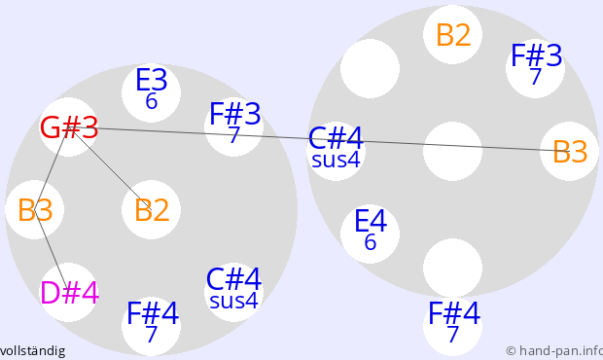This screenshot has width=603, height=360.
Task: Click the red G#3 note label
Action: pyautogui.click(x=69, y=127)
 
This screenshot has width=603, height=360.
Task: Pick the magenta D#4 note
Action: pyautogui.click(x=70, y=293)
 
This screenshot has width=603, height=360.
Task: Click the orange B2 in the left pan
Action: pyautogui.click(x=152, y=210)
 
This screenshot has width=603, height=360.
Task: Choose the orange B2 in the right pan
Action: pyautogui.click(x=453, y=35)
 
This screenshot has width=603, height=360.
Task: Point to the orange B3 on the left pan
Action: pyautogui.click(x=35, y=210)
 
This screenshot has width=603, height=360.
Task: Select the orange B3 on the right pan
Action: pyautogui.click(x=570, y=152)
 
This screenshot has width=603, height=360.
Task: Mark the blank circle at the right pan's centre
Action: pyautogui.click(x=452, y=151)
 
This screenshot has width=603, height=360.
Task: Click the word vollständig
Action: pyautogui.click(x=32, y=351)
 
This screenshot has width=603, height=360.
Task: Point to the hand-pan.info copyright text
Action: pyautogui.click(x=554, y=351)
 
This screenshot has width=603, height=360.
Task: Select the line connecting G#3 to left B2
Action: pyautogui.click(x=111, y=168)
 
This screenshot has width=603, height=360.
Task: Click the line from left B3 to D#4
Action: pyautogui.click(x=52, y=251)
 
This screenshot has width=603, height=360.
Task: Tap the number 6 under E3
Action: pyautogui.click(x=152, y=101)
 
